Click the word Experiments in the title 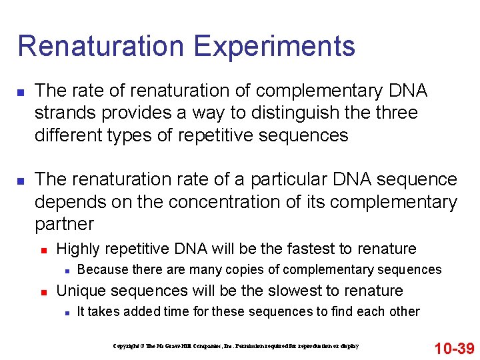[x=275, y=47]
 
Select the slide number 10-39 [x=454, y=347]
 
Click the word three [x=395, y=113]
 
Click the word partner [x=64, y=223]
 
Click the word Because [x=103, y=270]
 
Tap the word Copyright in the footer [x=126, y=346]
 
